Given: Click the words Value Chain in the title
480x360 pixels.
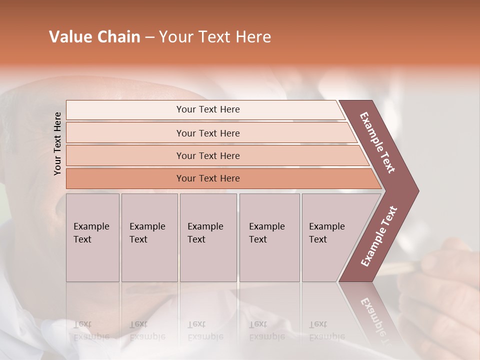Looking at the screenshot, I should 94,37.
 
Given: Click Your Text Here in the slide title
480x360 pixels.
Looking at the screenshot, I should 215,37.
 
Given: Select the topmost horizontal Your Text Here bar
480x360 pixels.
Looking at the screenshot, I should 208,109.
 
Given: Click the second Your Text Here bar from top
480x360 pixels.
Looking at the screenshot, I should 208,133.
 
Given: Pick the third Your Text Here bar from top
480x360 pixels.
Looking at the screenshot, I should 208,155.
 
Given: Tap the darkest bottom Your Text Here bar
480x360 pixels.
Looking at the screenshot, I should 208,178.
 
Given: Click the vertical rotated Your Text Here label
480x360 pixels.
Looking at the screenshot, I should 58,143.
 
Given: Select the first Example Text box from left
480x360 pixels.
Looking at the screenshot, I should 92,237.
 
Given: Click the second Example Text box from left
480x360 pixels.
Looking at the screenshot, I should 149,237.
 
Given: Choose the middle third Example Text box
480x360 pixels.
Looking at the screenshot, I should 207,237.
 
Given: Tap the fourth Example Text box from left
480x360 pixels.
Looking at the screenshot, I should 269,237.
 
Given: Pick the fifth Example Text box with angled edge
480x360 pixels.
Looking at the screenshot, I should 330,237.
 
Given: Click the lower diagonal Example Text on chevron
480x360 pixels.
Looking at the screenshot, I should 379,236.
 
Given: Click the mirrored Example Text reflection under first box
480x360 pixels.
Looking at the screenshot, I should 91,330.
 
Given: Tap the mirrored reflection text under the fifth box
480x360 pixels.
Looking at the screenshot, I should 327,330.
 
